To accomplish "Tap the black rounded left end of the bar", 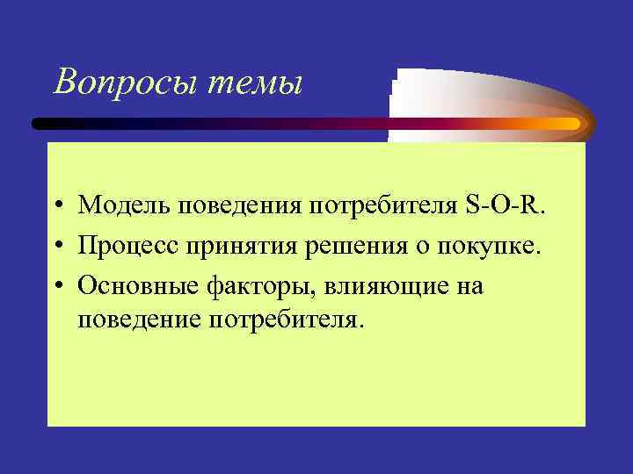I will click(x=40, y=124).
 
